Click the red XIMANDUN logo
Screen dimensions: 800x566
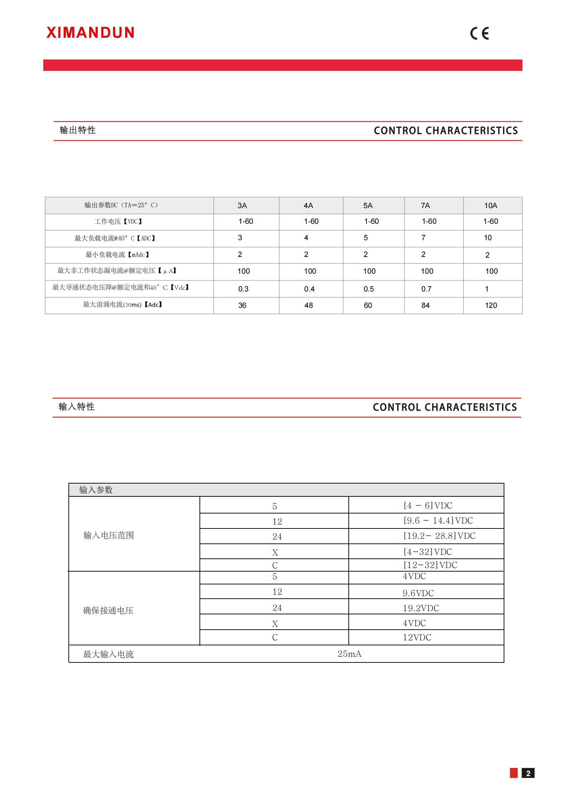(90, 33)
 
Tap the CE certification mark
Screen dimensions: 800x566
(479, 33)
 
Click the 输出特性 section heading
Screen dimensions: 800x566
(78, 130)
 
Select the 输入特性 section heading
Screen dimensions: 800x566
(77, 407)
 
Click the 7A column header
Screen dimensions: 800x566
(425, 206)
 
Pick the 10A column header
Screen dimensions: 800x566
(490, 206)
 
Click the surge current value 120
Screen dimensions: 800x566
(491, 305)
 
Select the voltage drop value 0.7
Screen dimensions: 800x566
(426, 289)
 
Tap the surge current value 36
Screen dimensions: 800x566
(242, 305)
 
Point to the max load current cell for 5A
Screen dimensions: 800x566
(366, 238)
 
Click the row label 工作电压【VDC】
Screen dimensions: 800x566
(119, 222)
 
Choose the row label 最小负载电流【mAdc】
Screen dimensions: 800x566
(118, 255)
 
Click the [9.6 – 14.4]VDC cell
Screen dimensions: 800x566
(438, 521)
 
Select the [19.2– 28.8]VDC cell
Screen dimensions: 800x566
(439, 536)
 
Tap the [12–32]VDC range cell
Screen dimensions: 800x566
(430, 565)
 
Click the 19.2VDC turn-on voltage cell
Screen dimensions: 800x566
(421, 608)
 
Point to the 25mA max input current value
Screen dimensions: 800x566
(349, 654)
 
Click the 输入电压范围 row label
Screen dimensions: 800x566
(109, 535)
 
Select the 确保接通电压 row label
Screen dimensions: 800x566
(108, 610)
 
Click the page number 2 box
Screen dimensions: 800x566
(528, 773)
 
